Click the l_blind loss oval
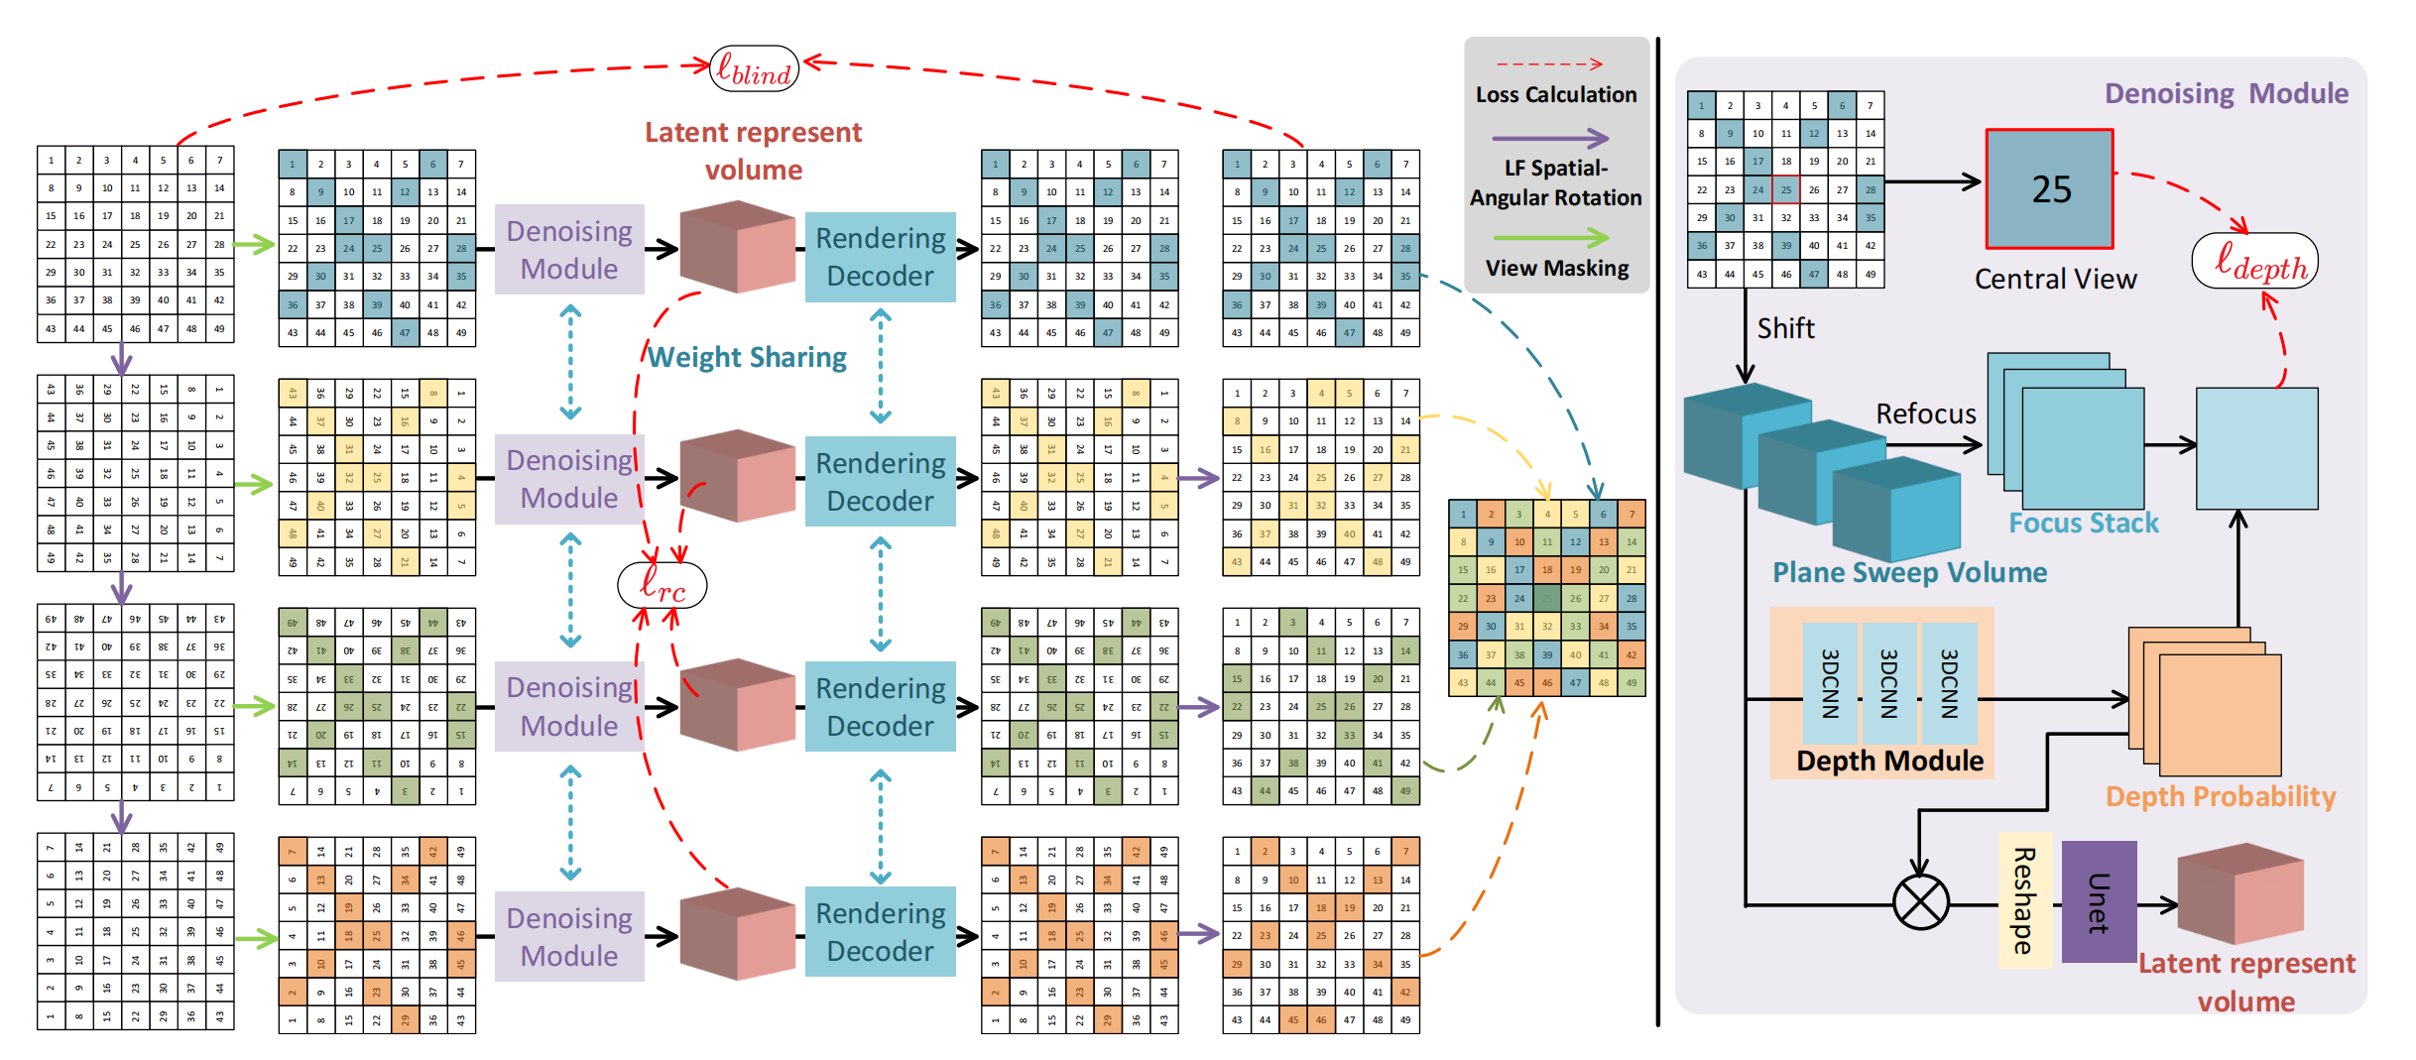(754, 69)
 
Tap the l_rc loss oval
(662, 585)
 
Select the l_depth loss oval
(2253, 262)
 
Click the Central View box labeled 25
(2049, 188)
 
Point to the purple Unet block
(2099, 901)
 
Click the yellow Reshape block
(2024, 900)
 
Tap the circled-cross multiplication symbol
(1920, 903)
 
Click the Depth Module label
(1889, 761)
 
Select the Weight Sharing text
(748, 357)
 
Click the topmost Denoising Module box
(569, 249)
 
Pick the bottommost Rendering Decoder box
(880, 931)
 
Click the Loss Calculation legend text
(1555, 94)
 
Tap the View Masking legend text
(1556, 268)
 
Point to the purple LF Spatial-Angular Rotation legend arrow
(1550, 138)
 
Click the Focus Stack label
(2083, 523)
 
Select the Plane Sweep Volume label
(1909, 572)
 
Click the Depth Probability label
(2220, 796)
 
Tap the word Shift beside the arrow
(1785, 328)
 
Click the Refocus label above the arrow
(1925, 413)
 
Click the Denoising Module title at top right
(2226, 93)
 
